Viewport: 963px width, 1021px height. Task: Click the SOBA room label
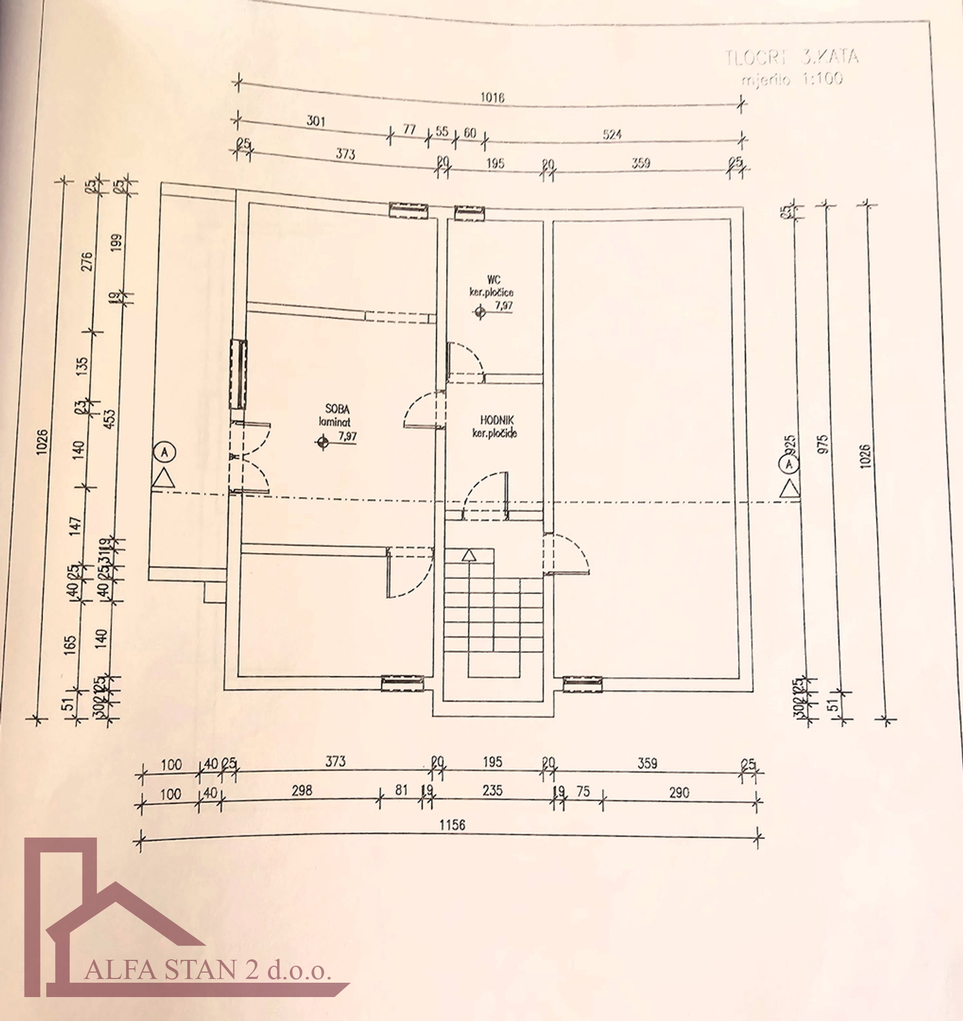click(x=337, y=409)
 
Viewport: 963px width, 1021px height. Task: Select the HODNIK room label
click(x=497, y=421)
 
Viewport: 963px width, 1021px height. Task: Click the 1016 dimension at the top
click(x=492, y=97)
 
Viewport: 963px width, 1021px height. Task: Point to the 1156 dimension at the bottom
click(x=452, y=825)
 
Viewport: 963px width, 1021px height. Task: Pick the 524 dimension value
click(x=612, y=135)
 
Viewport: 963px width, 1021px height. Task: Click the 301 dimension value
click(x=315, y=121)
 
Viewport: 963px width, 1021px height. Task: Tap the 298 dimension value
click(x=302, y=790)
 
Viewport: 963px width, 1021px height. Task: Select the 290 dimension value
click(x=679, y=793)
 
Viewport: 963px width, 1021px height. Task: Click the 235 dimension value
click(x=492, y=790)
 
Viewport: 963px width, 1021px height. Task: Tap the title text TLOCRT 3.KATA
click(x=791, y=57)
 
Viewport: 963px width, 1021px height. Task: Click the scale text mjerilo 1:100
click(x=792, y=79)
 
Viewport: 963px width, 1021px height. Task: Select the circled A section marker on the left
click(x=165, y=452)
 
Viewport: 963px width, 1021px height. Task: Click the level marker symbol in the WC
click(x=480, y=312)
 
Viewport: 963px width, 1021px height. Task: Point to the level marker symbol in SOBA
click(x=323, y=442)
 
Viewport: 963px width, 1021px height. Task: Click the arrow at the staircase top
click(x=468, y=555)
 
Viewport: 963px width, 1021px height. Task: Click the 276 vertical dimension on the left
click(x=87, y=261)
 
